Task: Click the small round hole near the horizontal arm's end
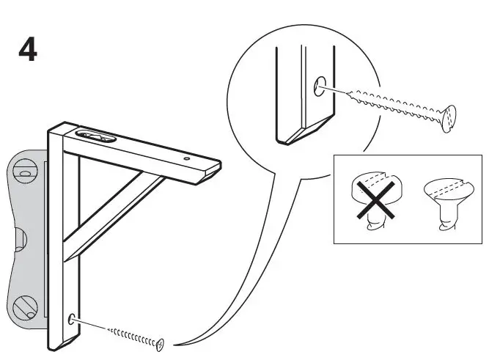click(x=186, y=157)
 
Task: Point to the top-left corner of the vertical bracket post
click(x=50, y=131)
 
